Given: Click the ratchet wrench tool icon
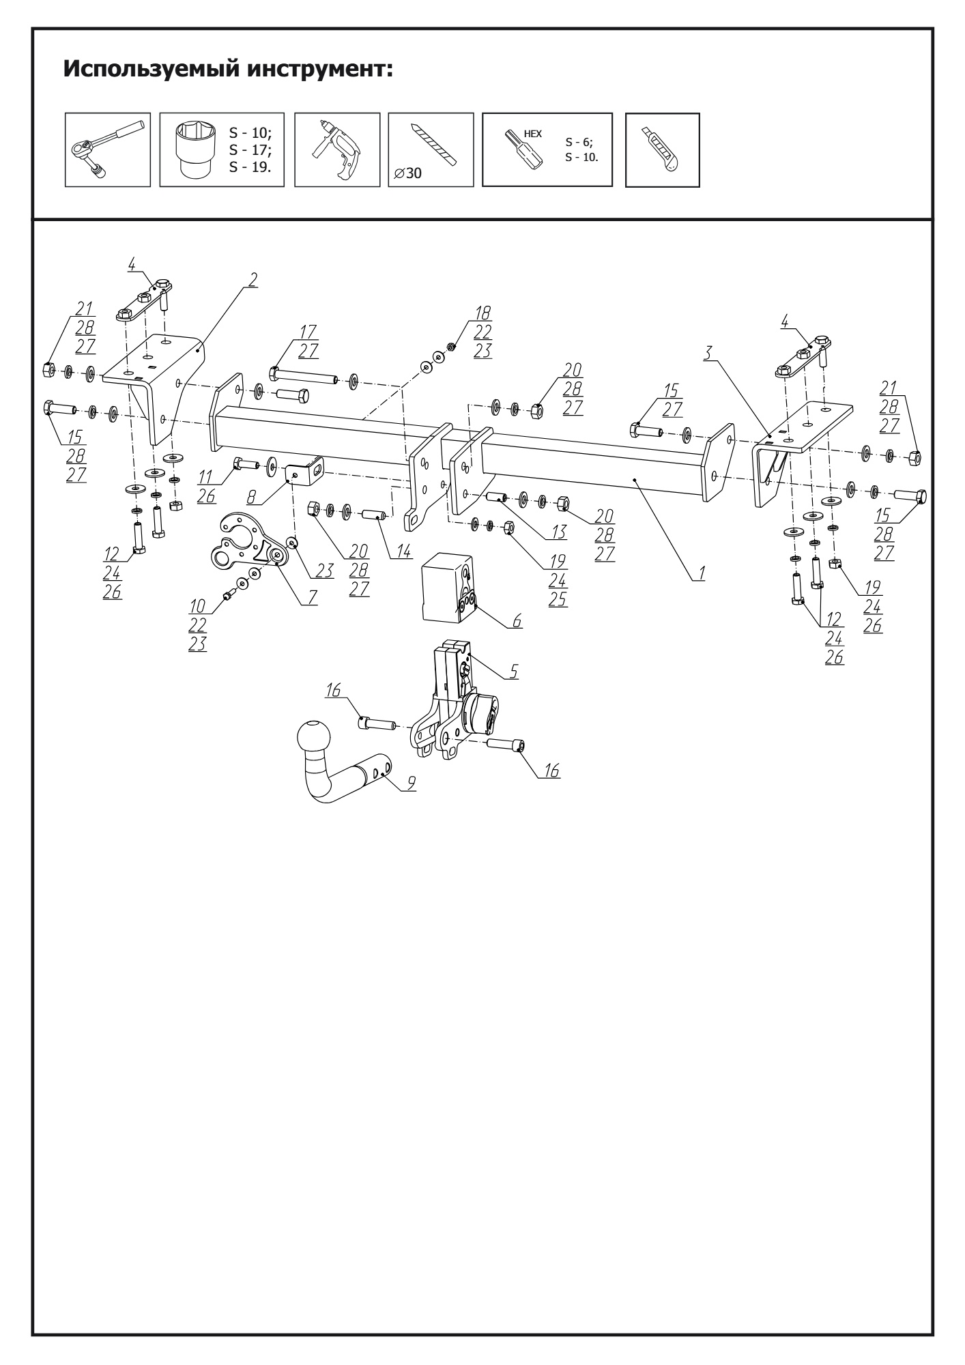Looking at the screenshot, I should [107, 149].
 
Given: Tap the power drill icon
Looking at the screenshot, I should [336, 149].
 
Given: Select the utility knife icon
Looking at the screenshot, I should [662, 149].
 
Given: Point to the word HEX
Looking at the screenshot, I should [532, 134].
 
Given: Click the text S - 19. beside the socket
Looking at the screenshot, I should [246, 167].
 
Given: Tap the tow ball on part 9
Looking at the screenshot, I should [314, 738].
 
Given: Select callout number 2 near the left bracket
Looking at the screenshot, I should [253, 278].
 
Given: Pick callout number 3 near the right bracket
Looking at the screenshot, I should [710, 353].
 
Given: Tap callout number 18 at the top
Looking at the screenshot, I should [483, 313].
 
